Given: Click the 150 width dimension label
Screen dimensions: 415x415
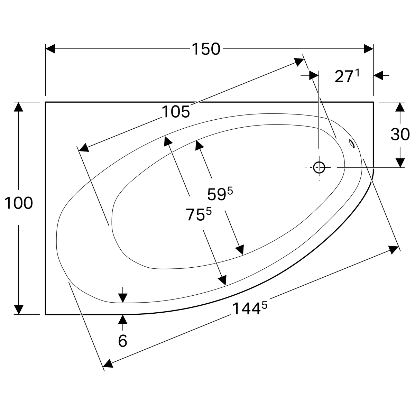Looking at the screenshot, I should pos(206,49).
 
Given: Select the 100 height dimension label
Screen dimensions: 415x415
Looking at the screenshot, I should pos(19,203).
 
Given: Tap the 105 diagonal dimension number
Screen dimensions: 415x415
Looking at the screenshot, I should pos(176,112).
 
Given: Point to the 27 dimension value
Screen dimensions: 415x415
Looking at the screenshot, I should pos(343,76).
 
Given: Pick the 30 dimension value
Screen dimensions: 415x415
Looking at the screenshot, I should pos(400,134).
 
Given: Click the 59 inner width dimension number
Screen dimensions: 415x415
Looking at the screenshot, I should pos(216,195).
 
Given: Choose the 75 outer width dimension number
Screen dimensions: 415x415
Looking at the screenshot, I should pos(195,215).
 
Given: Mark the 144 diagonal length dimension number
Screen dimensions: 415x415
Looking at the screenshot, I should pos(246,309).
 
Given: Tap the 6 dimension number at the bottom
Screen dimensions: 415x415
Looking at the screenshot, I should pos(123,341).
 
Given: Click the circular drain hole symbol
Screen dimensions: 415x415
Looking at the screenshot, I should pos(319,168).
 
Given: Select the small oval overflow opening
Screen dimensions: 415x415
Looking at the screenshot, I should pos(352,143).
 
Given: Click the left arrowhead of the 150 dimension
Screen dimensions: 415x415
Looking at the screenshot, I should pos(50,49).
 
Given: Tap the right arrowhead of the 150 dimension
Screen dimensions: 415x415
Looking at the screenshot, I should pos(369,49).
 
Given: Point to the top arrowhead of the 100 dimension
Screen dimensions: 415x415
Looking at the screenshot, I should pos(19,107).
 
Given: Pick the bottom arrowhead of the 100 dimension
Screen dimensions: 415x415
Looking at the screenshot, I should pos(19,310).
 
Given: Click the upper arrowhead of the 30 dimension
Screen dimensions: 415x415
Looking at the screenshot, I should pos(400,107).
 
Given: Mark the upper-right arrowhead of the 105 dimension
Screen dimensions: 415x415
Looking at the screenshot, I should pos(299,61).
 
